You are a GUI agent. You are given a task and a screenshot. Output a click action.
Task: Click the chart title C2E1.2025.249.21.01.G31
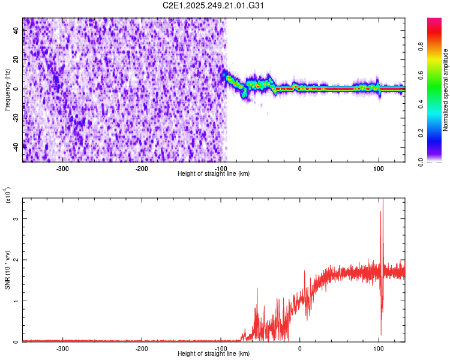point(214,6)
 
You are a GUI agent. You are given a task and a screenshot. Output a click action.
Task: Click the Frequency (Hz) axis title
point(8,89)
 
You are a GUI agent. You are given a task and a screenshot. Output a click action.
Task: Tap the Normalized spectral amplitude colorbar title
point(446,90)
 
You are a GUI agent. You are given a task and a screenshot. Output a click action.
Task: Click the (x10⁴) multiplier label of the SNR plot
point(8,194)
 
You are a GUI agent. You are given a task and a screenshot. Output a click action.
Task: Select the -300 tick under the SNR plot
point(62,348)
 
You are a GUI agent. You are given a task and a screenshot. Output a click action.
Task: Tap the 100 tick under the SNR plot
point(379,348)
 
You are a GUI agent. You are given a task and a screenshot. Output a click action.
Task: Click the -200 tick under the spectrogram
point(142,169)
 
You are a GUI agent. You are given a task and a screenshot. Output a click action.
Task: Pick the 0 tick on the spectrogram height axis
point(299,169)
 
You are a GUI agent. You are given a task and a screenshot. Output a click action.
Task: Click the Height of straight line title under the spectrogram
point(214,174)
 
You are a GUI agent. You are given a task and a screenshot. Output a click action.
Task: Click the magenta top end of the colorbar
point(434,21)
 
